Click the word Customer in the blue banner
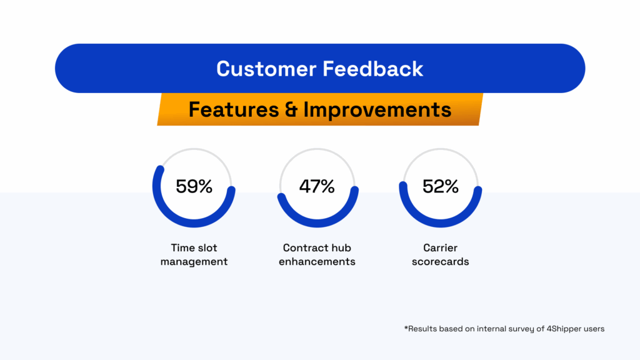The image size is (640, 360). [x=266, y=69]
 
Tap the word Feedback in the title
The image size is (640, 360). [x=373, y=69]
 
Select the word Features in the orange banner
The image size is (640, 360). [x=234, y=109]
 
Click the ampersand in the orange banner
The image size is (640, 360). [x=291, y=109]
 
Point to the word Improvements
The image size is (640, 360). [x=377, y=109]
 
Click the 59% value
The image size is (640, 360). [x=194, y=186]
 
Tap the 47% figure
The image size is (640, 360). [x=317, y=186]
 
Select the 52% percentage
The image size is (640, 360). [x=441, y=186]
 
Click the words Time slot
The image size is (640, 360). [x=194, y=247]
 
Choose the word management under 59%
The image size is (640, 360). [x=194, y=262]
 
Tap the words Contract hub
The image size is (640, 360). [x=317, y=247]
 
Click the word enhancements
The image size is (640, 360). [x=317, y=262]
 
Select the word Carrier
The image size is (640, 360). [x=441, y=247]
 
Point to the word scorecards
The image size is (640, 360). [x=441, y=262]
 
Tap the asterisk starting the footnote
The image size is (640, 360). [x=406, y=327]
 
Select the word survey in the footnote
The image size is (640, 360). [x=522, y=329]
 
